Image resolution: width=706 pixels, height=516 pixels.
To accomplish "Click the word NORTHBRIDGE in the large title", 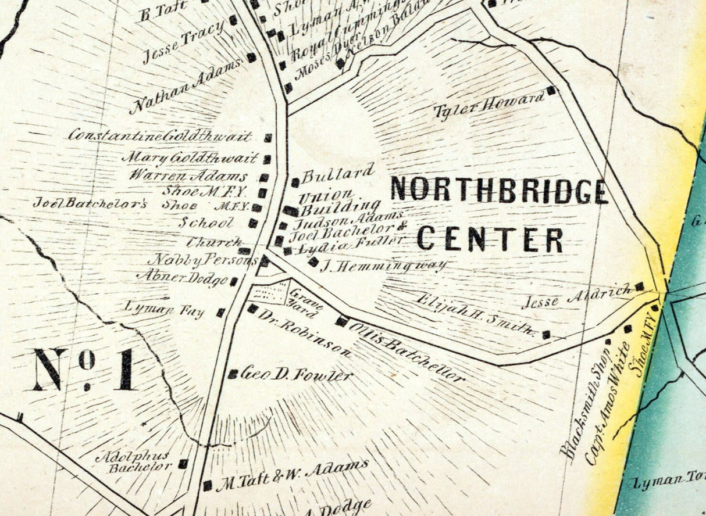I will (500, 190).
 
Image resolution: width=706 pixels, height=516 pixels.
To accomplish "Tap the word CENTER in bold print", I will (490, 239).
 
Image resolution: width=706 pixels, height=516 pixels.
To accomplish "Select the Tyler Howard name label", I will (489, 105).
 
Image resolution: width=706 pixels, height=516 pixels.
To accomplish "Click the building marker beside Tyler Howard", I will (551, 91).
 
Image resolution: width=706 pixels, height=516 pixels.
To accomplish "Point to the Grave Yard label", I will (304, 303).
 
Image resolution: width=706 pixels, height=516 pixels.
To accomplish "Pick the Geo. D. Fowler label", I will (297, 375).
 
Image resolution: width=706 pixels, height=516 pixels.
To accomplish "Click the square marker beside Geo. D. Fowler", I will (233, 374).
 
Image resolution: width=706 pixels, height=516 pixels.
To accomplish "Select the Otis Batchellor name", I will (407, 352).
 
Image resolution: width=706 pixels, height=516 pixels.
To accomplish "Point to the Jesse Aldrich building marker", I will (639, 286).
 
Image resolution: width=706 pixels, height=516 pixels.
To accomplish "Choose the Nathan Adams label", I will (185, 88).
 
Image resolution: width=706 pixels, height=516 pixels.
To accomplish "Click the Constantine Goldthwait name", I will (160, 137).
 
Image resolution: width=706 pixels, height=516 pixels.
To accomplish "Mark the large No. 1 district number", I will (85, 369).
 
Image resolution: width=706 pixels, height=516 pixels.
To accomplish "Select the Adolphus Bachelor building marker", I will (183, 464).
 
